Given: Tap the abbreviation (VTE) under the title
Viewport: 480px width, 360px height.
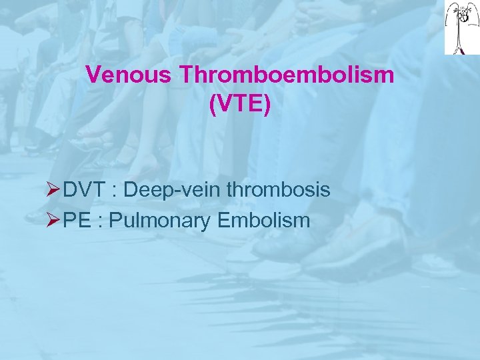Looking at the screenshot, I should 240,105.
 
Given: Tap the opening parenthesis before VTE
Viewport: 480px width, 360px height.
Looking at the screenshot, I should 213,105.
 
